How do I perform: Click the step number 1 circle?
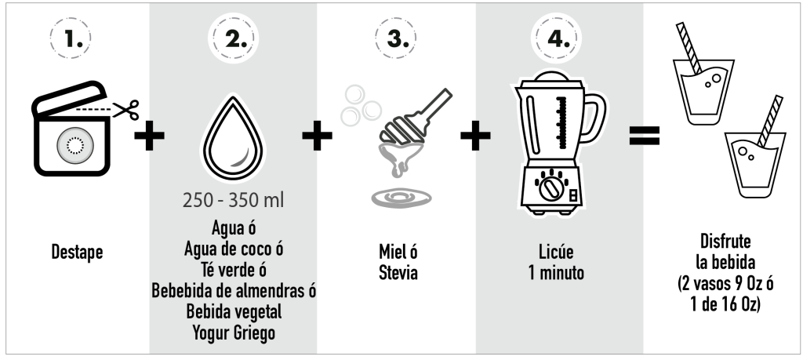click(x=70, y=38)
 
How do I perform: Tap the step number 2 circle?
click(x=233, y=38)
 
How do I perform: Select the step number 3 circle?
click(x=395, y=38)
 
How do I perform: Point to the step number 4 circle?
click(x=557, y=38)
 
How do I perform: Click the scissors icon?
click(x=126, y=110)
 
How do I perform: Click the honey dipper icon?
click(x=415, y=117)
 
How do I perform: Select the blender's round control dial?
click(x=550, y=188)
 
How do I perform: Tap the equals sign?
click(x=645, y=136)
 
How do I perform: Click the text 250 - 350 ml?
click(x=233, y=200)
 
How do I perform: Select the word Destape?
click(x=77, y=252)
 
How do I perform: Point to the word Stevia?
click(x=398, y=272)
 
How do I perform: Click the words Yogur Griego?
click(x=234, y=333)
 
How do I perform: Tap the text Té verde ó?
click(x=233, y=269)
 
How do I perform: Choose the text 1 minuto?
click(x=556, y=272)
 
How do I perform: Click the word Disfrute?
click(x=725, y=242)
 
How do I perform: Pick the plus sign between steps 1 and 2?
click(x=149, y=136)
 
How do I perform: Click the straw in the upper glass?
click(x=689, y=49)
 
